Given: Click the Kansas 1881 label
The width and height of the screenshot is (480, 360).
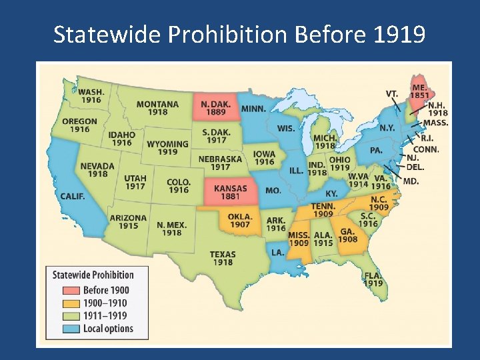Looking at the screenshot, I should [x=230, y=193].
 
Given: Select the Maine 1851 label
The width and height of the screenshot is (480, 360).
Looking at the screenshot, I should [x=419, y=91].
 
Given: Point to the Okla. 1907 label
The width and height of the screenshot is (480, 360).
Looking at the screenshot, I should [x=240, y=221].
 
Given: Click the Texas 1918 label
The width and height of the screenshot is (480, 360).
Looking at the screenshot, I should [x=223, y=258].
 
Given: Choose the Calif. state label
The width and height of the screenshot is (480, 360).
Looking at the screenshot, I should [x=73, y=196].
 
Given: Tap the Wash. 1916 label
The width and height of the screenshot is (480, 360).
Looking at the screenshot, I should [x=91, y=96].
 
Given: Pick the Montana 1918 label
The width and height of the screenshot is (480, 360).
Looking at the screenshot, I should [x=158, y=108].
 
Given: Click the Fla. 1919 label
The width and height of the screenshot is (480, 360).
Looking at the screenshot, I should [x=373, y=279].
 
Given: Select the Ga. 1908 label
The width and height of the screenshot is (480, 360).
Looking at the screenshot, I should [x=348, y=235].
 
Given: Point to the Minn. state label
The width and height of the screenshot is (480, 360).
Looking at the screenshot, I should [x=253, y=109].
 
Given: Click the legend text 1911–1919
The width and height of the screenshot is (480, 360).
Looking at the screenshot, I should [x=106, y=315].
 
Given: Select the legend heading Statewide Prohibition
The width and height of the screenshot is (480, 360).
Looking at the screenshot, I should [x=93, y=275].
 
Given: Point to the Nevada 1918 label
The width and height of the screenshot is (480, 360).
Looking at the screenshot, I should [x=97, y=169].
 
